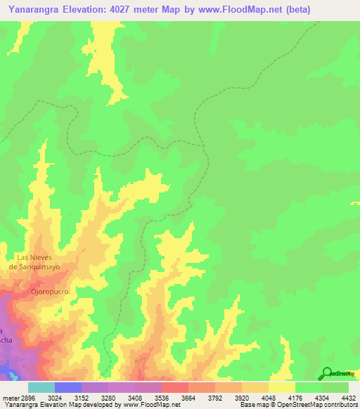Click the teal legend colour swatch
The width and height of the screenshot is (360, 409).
pyautogui.click(x=41, y=387)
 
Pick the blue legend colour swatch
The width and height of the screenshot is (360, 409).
pyautogui.click(x=67, y=387)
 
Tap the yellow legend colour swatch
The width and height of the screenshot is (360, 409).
pyautogui.click(x=282, y=387)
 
